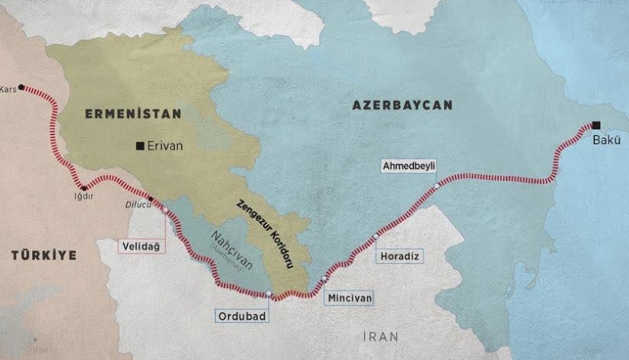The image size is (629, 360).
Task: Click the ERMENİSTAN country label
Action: (x=133, y=114)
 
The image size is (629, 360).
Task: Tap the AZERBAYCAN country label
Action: (x=402, y=105)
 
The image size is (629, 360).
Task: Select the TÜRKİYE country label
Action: (x=44, y=255)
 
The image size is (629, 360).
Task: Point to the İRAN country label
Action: (x=380, y=336)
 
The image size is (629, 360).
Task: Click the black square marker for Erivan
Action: (x=140, y=146)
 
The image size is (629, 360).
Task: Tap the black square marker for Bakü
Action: (x=596, y=125)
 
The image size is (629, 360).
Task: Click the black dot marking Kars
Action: (x=21, y=88)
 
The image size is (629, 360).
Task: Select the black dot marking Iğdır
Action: (x=85, y=188)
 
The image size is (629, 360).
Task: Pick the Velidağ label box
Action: (x=142, y=247)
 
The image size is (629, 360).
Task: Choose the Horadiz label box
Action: (x=400, y=256)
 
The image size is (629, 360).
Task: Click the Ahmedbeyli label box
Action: (x=410, y=166)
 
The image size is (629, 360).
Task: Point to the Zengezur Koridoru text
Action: (x=265, y=234)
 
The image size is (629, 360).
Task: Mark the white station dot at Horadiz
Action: (x=376, y=236)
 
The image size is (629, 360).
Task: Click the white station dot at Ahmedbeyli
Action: (x=437, y=186)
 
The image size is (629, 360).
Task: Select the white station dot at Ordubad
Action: (x=268, y=294)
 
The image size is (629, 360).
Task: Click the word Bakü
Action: (x=606, y=140)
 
